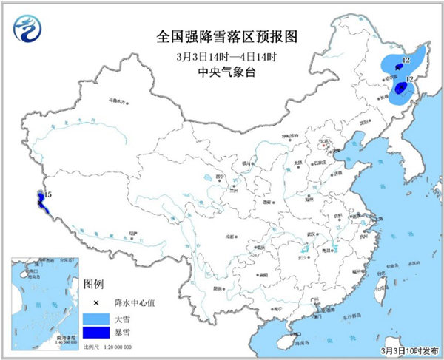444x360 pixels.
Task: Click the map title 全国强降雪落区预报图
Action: (221, 36)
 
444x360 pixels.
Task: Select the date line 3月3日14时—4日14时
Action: (221, 56)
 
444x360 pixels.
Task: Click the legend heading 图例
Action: (92, 283)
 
